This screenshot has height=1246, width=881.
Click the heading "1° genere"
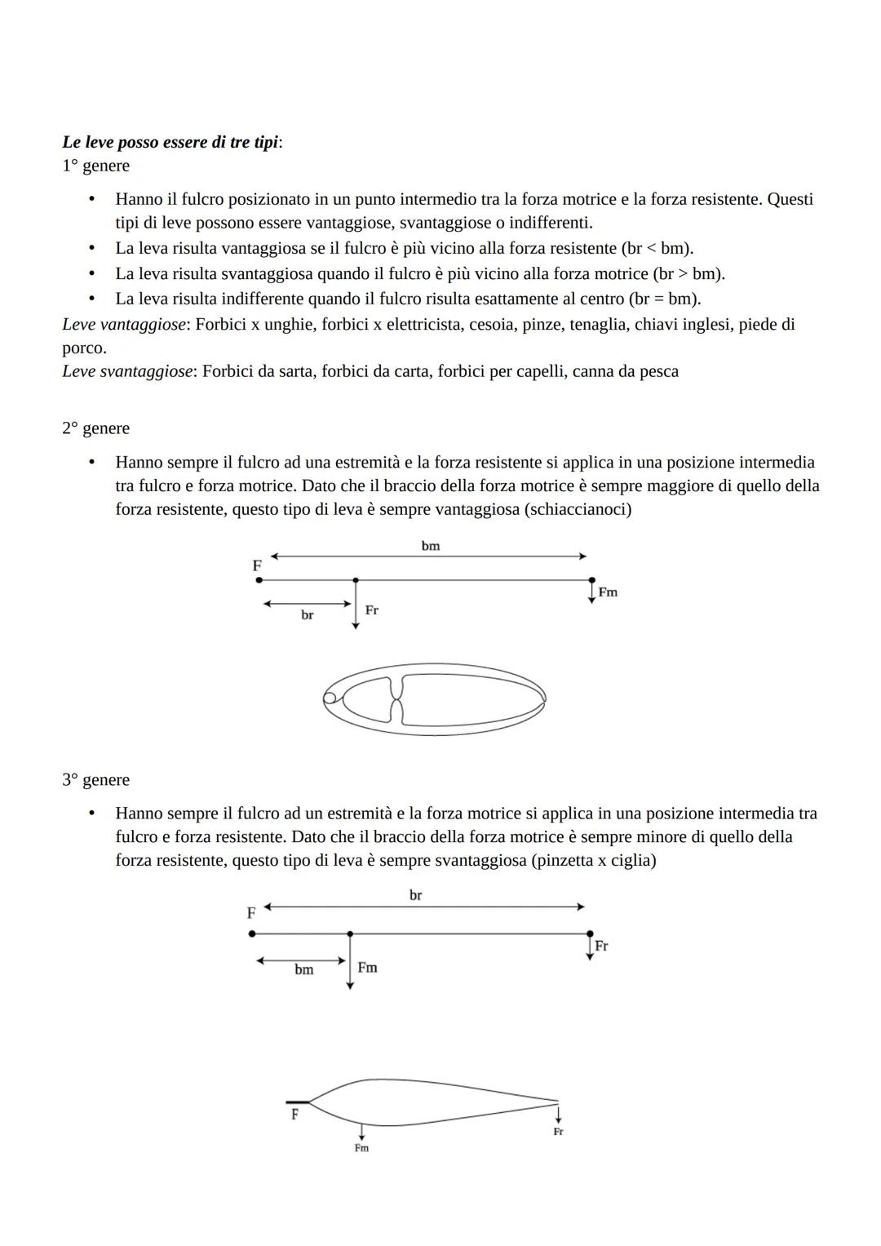(95, 166)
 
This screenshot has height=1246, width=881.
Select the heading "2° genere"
(95, 428)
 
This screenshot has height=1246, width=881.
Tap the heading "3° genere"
(95, 779)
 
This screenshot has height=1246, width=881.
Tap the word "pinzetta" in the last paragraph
(565, 860)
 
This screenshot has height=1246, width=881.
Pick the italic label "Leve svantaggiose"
(126, 371)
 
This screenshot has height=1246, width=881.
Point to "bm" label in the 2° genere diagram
(430, 546)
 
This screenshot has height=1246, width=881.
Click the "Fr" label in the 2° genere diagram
(371, 610)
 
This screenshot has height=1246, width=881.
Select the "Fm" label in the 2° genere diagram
(608, 592)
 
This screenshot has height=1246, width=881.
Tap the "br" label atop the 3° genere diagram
(415, 895)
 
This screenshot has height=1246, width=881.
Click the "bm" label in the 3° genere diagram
(303, 969)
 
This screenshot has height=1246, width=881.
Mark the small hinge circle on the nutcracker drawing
(330, 698)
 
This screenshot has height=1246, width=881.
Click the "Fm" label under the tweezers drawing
(361, 1148)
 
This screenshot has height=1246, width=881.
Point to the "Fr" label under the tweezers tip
(558, 1132)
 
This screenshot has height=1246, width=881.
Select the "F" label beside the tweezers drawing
(294, 1114)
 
